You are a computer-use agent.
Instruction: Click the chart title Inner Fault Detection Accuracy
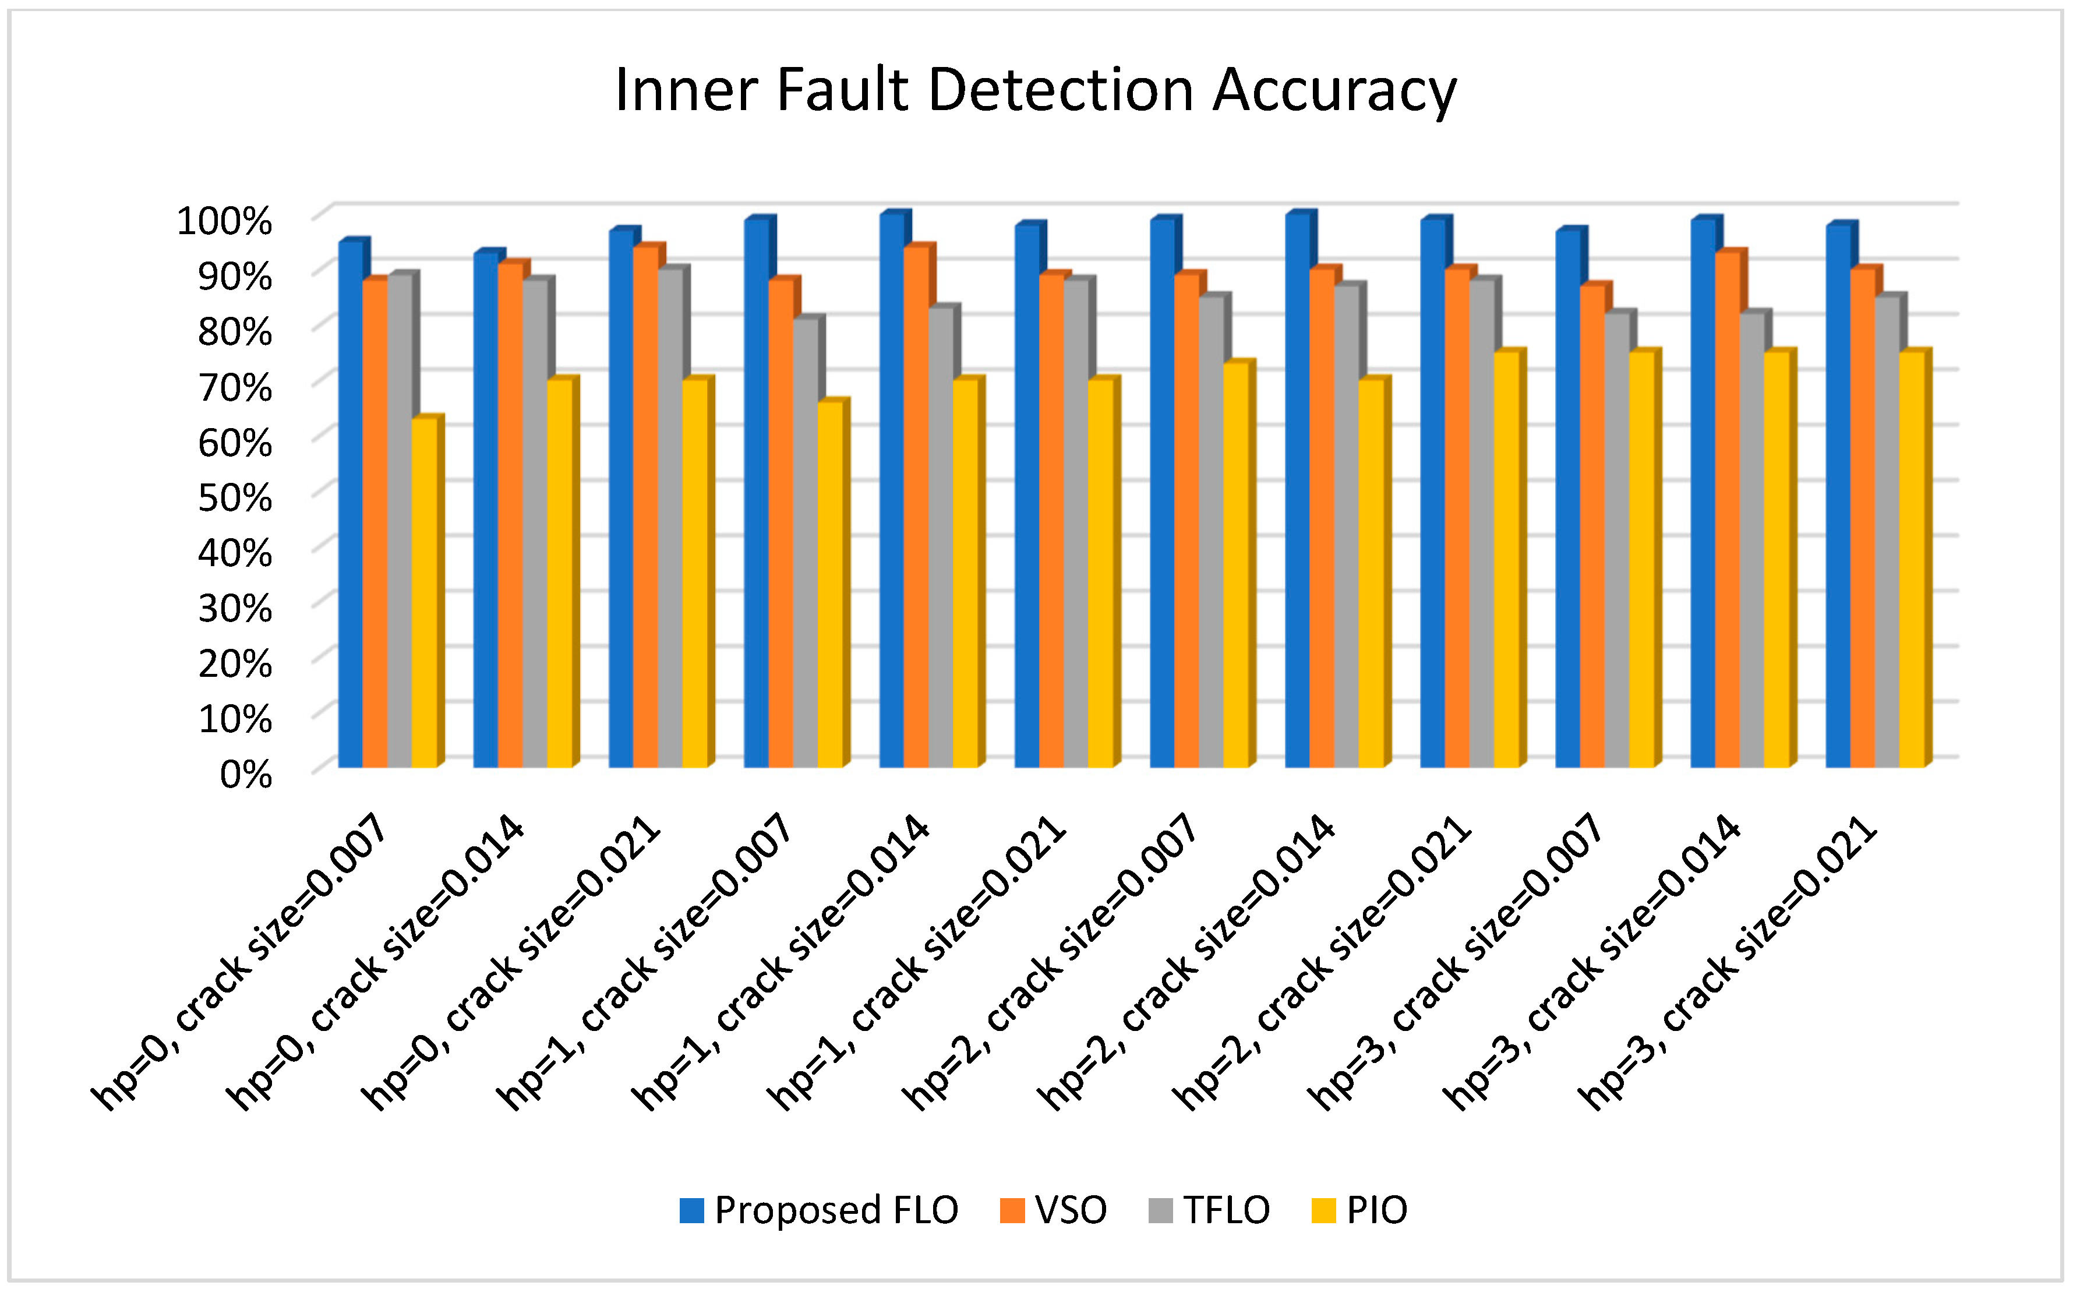pos(1035,90)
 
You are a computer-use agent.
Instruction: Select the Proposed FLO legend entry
pos(818,1210)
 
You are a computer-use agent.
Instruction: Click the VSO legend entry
pos(1054,1210)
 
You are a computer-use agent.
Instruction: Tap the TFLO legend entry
pos(1210,1210)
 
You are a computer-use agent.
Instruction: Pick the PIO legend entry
pos(1361,1210)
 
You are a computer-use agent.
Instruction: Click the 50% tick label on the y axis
pos(235,498)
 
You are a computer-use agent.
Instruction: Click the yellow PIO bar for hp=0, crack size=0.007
pos(425,597)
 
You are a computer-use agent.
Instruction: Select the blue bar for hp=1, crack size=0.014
pos(892,495)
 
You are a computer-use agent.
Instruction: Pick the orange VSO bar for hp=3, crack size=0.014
pos(1727,511)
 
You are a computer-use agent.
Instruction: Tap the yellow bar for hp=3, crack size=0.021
pos(1912,563)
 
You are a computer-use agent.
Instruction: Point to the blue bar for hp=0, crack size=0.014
pos(486,511)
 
